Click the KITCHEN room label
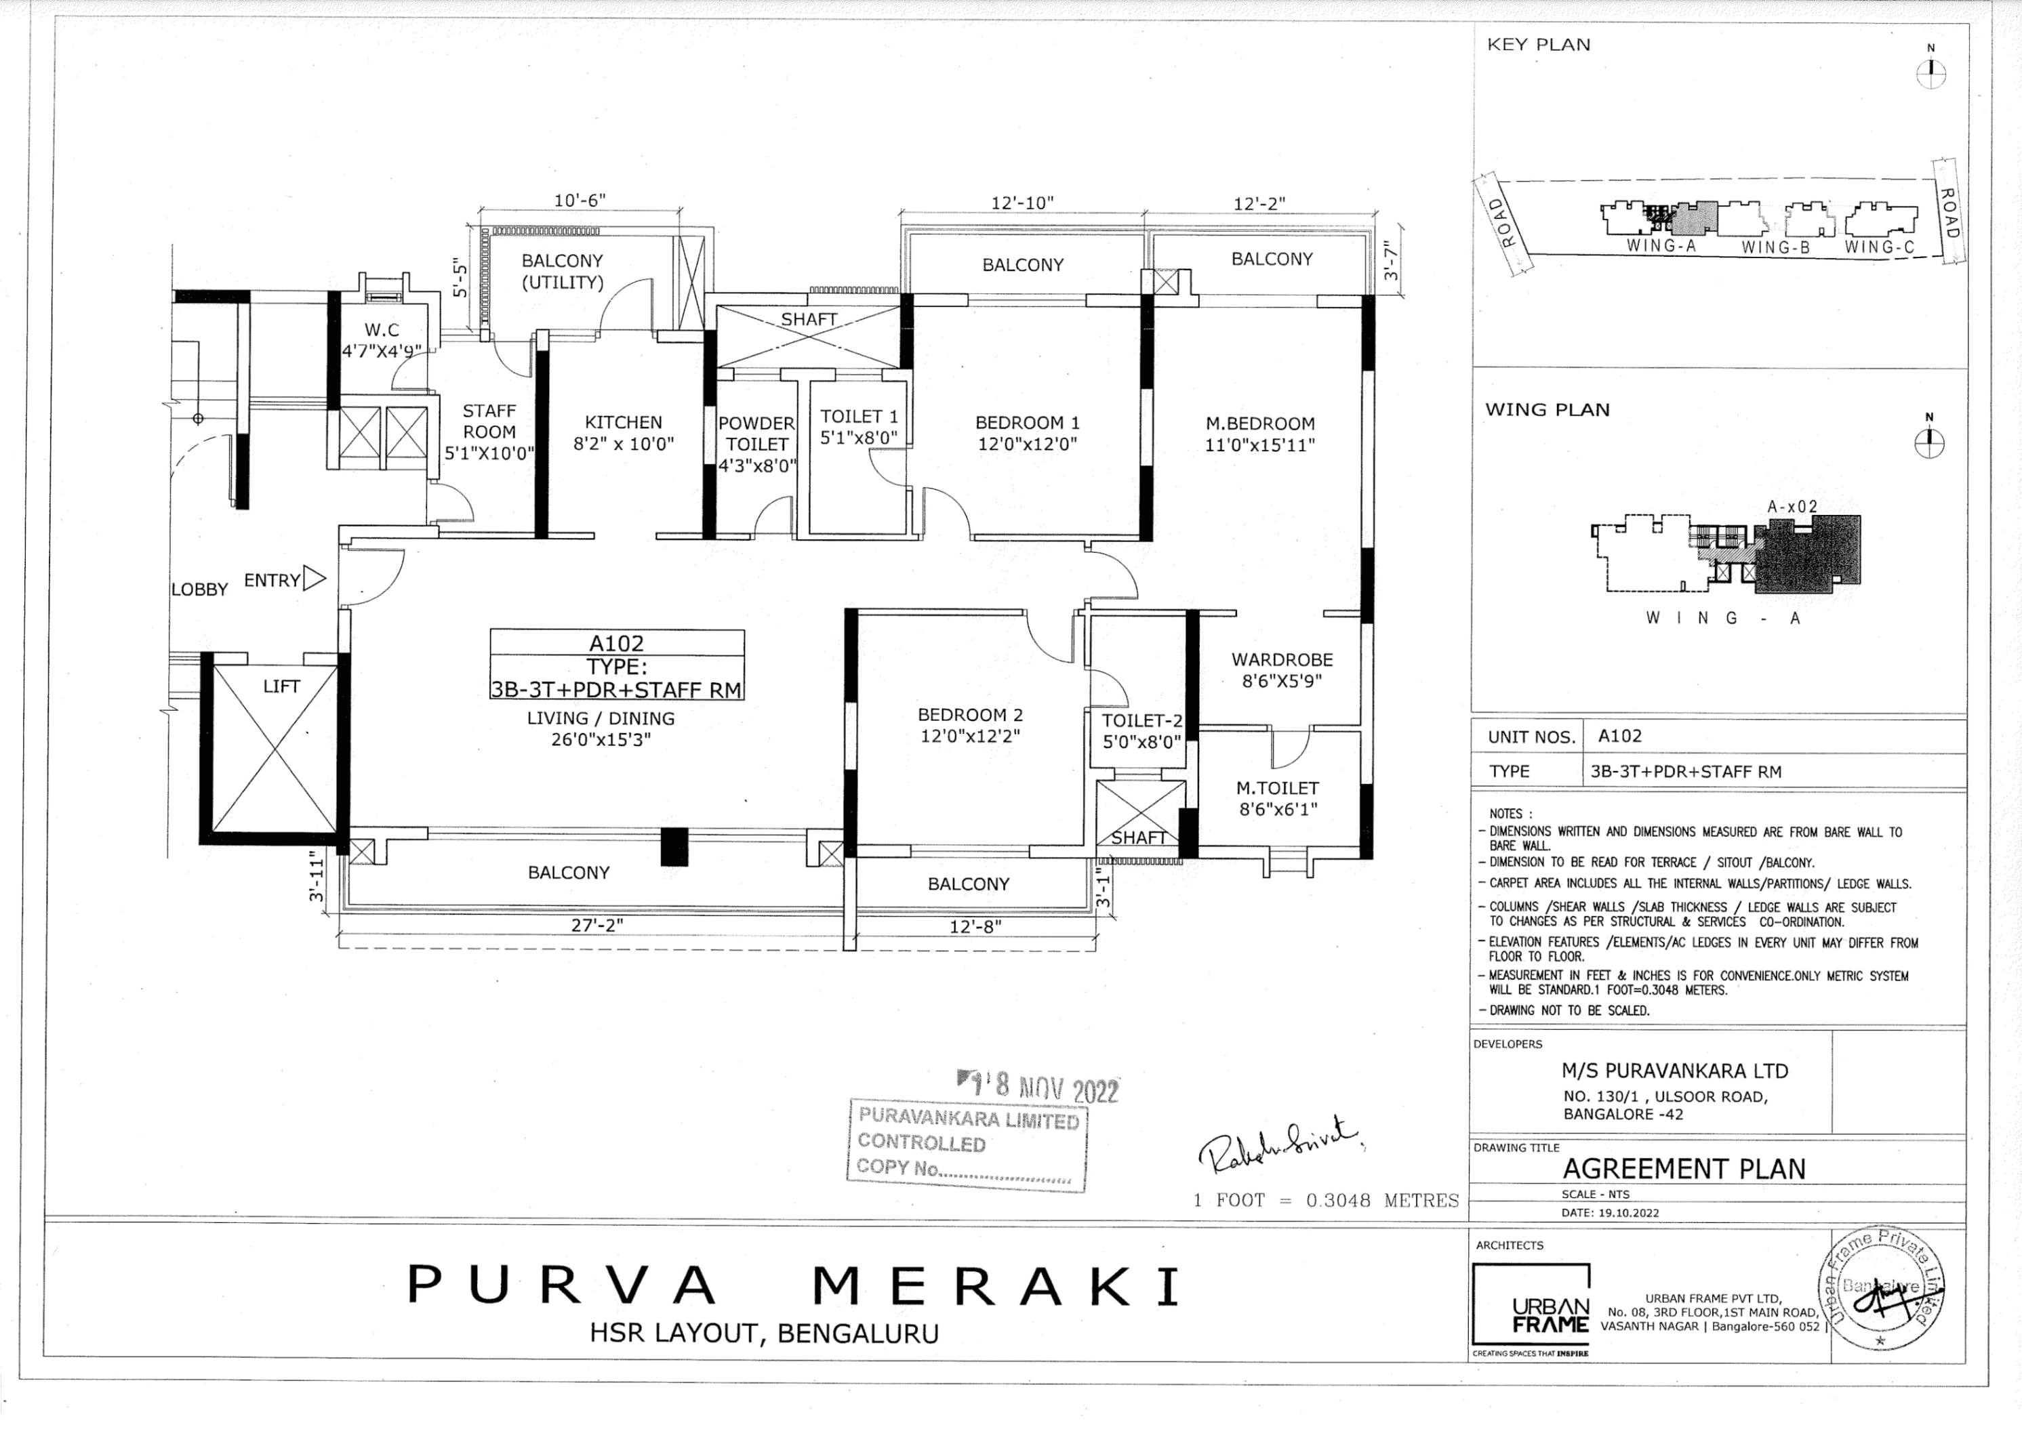pyautogui.click(x=623, y=423)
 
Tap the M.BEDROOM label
pyautogui.click(x=1259, y=423)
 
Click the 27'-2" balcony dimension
pyautogui.click(x=597, y=926)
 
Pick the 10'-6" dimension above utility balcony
pyautogui.click(x=580, y=201)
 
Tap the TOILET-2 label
pyautogui.click(x=1141, y=721)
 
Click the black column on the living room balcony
pyautogui.click(x=674, y=847)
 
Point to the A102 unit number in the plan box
pyautogui.click(x=616, y=644)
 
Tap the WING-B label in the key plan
pyautogui.click(x=1775, y=248)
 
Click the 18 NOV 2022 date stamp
pyautogui.click(x=1039, y=1088)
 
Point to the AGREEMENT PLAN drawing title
pyautogui.click(x=1684, y=1168)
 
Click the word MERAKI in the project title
pyautogui.click(x=995, y=1286)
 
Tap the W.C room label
pyautogui.click(x=382, y=330)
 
